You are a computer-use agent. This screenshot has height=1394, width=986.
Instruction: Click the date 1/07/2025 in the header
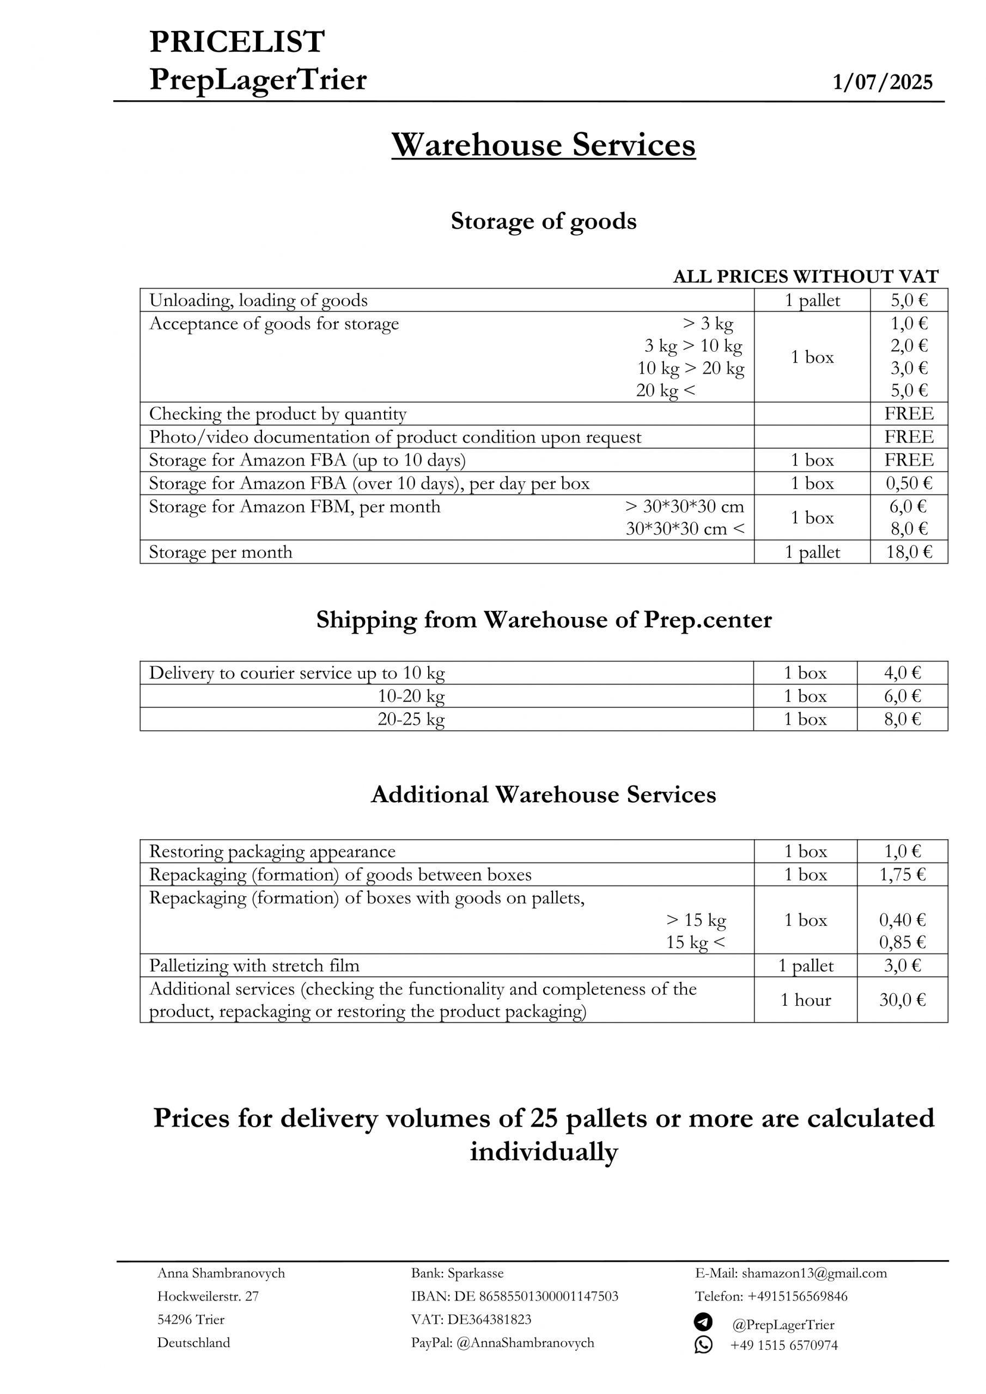[x=882, y=82]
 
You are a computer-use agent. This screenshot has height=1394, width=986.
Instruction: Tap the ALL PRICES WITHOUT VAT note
[x=806, y=276]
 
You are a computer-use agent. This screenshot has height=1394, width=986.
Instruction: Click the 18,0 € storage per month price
[x=908, y=552]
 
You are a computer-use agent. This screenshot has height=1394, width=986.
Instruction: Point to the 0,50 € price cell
[x=908, y=484]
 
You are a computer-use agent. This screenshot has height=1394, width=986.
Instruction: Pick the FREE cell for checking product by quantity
[x=908, y=413]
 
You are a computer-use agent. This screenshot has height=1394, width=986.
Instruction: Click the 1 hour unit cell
[x=805, y=999]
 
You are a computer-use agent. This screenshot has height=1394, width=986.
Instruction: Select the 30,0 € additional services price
[x=902, y=999]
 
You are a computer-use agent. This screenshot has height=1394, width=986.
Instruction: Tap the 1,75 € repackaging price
[x=902, y=875]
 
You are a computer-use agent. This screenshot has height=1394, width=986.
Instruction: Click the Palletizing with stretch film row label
[x=254, y=965]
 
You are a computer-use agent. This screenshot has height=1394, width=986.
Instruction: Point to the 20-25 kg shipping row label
[x=411, y=719]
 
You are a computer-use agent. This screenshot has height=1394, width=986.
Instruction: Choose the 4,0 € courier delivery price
[x=902, y=672]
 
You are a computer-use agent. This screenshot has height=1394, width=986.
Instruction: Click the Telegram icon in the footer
[x=703, y=1322]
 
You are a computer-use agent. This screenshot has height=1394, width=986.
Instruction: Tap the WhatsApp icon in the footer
[x=703, y=1344]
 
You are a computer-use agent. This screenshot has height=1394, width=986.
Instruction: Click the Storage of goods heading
[x=543, y=221]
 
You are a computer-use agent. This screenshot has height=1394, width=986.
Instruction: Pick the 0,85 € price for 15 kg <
[x=902, y=942]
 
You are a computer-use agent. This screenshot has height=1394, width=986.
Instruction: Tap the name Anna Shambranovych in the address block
[x=221, y=1273]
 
